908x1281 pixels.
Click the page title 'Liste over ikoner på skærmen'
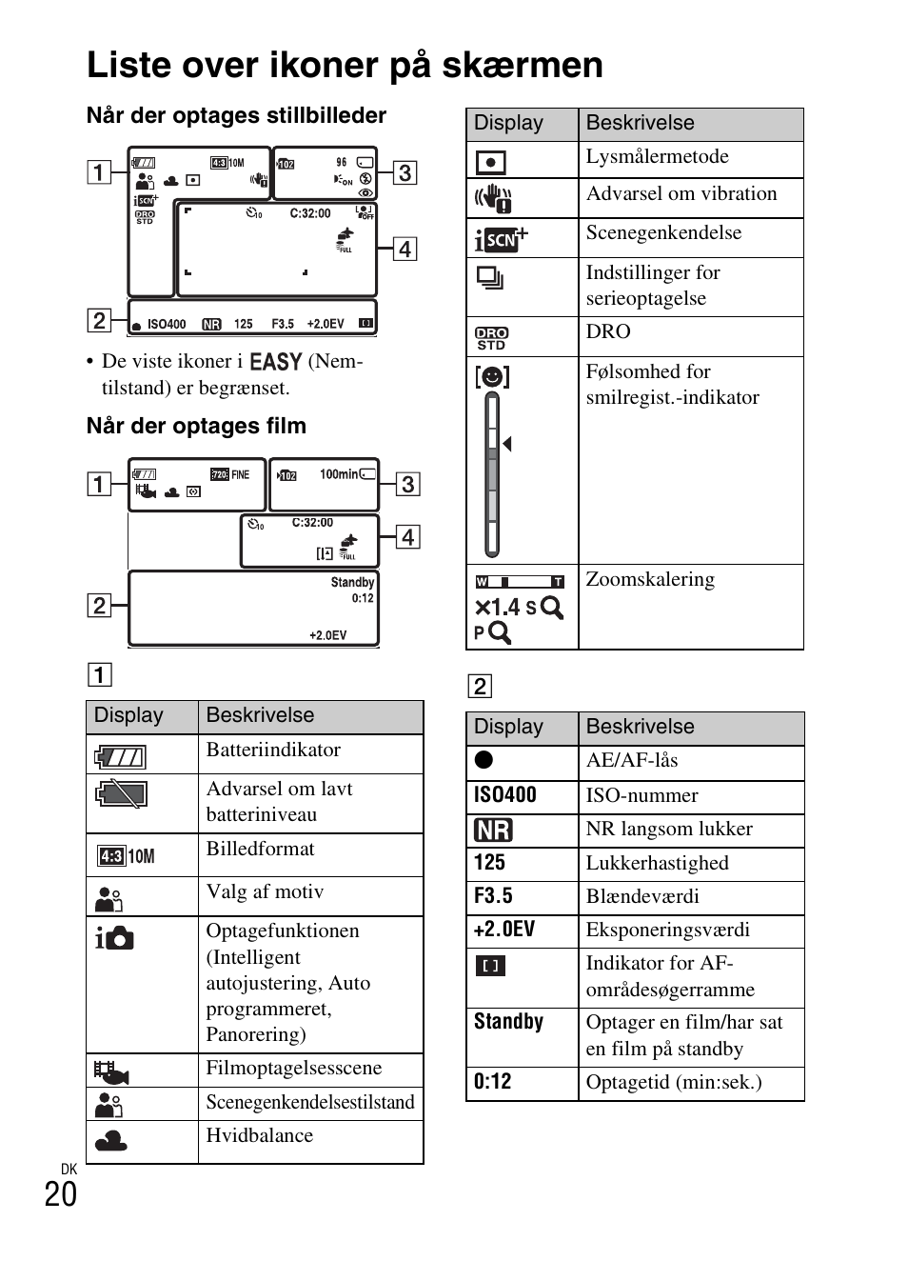[x=345, y=66]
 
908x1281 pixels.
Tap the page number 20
[x=61, y=1194]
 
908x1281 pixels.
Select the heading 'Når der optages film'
[x=196, y=426]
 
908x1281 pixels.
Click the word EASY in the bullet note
[x=275, y=362]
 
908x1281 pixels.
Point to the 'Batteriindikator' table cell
[x=273, y=751]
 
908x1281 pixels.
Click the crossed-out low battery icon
[x=121, y=793]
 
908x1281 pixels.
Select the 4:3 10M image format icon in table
[x=126, y=856]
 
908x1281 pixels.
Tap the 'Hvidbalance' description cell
[x=260, y=1135]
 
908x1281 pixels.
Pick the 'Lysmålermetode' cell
[x=657, y=157]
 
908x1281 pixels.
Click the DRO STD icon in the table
[x=491, y=338]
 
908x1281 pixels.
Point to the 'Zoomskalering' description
[x=650, y=580]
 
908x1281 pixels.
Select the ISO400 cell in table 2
[x=505, y=795]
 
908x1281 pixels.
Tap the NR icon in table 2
[x=493, y=830]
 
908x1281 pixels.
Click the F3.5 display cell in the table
[x=493, y=896]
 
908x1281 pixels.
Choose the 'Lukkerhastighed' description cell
[x=657, y=863]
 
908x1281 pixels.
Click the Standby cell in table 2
[x=508, y=1022]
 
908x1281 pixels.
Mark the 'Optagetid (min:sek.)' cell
[x=674, y=1083]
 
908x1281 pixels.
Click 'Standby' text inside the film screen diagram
[x=352, y=582]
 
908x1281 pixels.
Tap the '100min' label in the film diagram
[x=339, y=474]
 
